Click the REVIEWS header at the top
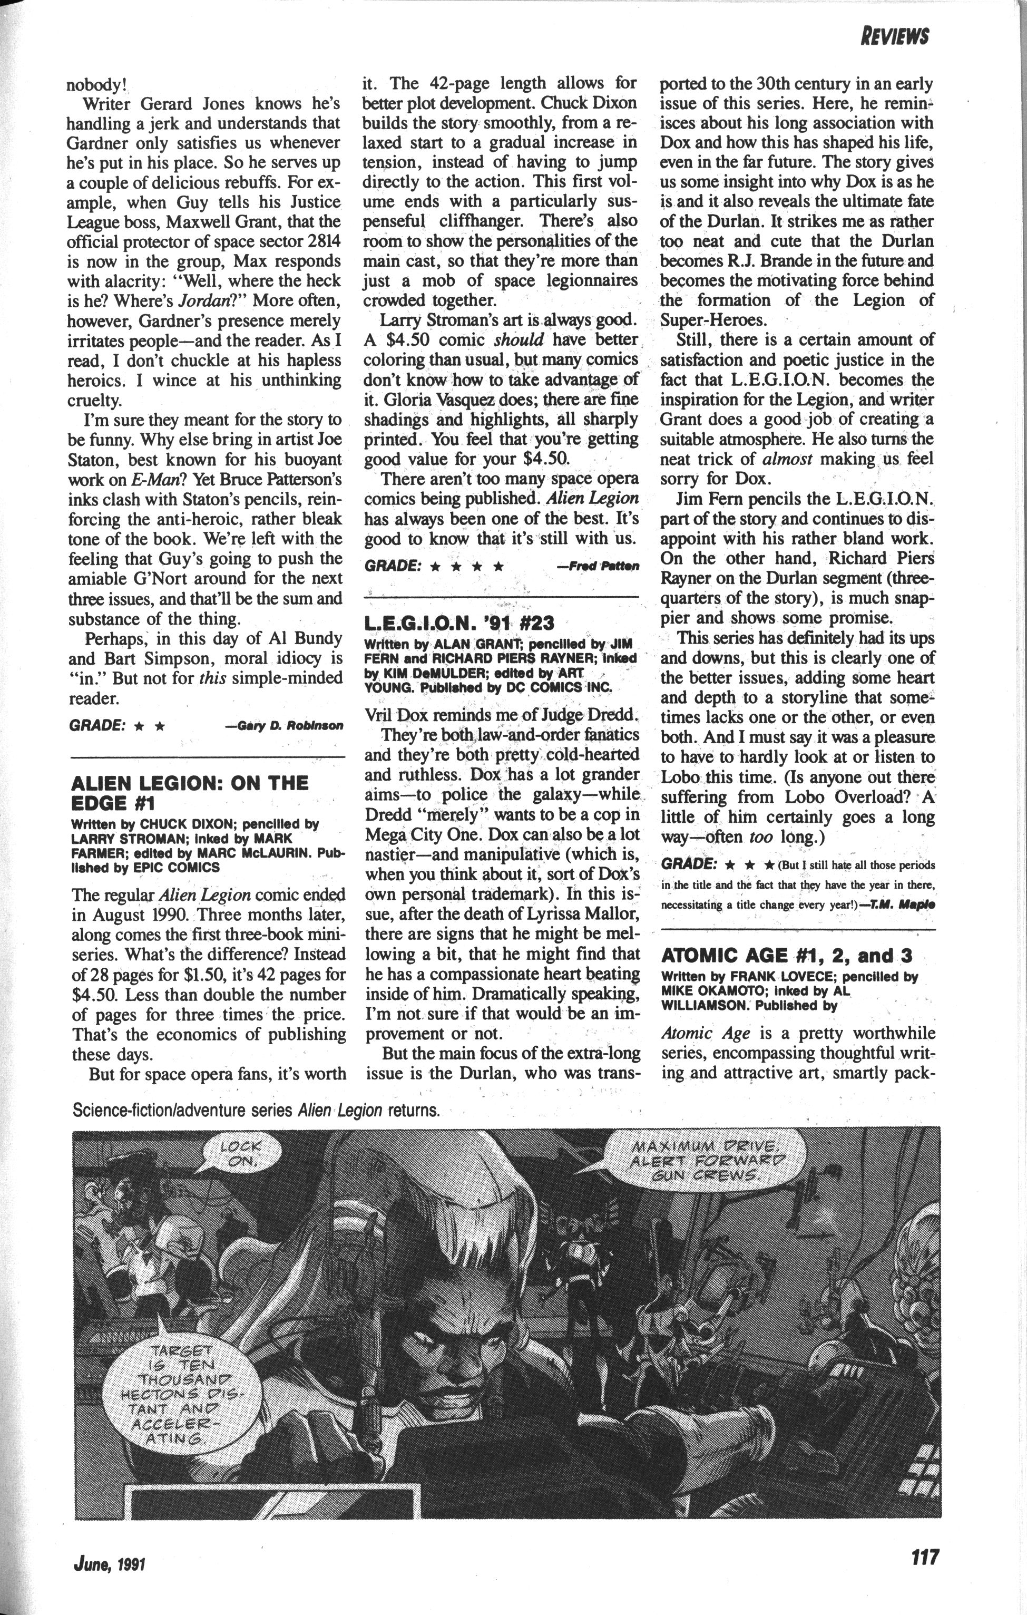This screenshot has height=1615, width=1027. click(x=894, y=36)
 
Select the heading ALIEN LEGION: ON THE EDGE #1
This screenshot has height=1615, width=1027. click(x=189, y=792)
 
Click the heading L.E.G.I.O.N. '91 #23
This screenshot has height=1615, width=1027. click(x=459, y=623)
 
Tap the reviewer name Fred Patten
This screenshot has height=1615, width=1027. click(x=598, y=566)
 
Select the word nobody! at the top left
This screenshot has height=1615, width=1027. click(x=96, y=85)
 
